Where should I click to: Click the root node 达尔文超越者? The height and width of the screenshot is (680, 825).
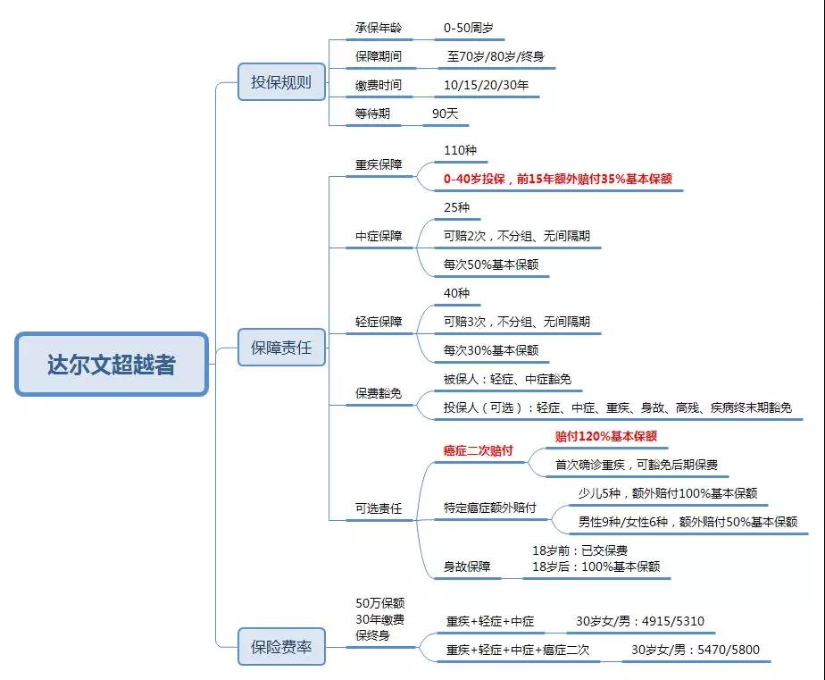click(112, 365)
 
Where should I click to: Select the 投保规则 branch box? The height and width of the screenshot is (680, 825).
click(281, 82)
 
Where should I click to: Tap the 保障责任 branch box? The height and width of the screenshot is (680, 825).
click(281, 348)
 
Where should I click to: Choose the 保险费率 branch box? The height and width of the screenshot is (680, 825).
click(281, 647)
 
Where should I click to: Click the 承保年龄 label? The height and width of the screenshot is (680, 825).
click(379, 28)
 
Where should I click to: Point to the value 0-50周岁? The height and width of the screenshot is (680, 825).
click(468, 28)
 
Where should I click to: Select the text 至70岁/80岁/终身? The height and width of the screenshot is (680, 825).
click(496, 56)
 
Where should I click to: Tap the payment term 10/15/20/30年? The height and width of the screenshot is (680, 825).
click(487, 85)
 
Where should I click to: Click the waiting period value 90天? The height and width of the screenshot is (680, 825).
click(445, 113)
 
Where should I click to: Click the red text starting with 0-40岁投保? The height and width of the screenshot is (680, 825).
click(557, 179)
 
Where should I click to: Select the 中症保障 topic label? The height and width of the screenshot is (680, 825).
click(379, 236)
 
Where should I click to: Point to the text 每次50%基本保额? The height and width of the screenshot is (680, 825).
click(491, 264)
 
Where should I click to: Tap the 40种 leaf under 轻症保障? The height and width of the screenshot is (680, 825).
click(456, 293)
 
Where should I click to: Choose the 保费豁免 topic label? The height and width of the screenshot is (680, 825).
click(379, 392)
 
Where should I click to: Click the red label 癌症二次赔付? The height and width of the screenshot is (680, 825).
click(479, 450)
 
